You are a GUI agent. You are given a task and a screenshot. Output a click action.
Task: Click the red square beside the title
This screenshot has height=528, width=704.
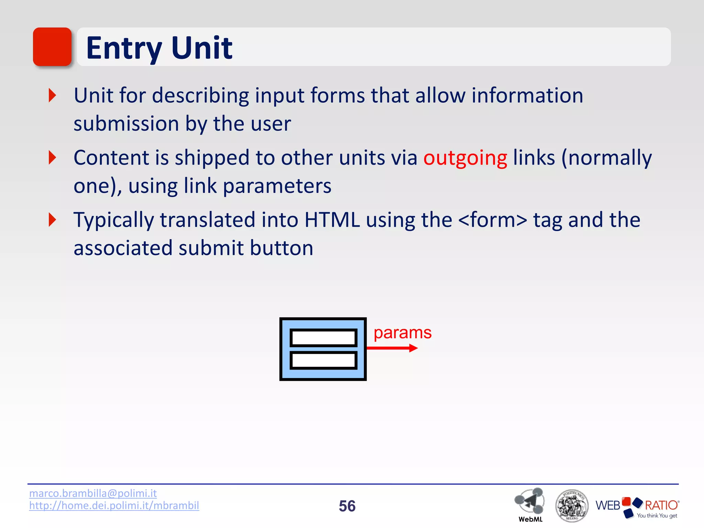(x=52, y=47)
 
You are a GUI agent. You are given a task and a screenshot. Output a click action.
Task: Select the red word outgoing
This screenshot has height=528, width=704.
(x=465, y=158)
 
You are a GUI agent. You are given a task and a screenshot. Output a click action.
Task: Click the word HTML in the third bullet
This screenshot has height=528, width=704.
(x=332, y=220)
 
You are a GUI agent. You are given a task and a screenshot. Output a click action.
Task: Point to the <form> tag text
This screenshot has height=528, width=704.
(x=493, y=220)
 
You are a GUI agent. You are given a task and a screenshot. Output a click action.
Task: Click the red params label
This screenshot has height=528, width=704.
(x=402, y=333)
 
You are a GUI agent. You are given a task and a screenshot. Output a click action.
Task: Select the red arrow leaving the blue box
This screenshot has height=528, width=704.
(x=392, y=348)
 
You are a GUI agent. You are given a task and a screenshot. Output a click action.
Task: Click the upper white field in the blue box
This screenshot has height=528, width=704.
(x=323, y=338)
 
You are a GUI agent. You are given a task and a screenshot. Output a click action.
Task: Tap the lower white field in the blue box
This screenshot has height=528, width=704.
(x=323, y=360)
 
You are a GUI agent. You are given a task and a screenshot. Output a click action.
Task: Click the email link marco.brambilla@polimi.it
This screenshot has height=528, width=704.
(x=93, y=493)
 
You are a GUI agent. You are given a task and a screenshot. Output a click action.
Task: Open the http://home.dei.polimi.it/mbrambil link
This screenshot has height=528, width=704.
(x=114, y=506)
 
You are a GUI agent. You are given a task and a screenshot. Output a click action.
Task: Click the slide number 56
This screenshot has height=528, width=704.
(x=347, y=506)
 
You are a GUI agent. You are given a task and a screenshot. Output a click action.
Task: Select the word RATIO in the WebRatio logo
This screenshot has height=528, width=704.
(x=661, y=505)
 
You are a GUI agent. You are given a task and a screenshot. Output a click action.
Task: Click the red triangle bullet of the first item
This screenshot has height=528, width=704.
(x=52, y=95)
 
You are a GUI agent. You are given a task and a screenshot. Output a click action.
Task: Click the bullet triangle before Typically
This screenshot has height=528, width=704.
(x=52, y=220)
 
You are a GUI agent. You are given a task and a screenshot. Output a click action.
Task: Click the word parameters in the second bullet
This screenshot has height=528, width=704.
(x=277, y=186)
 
